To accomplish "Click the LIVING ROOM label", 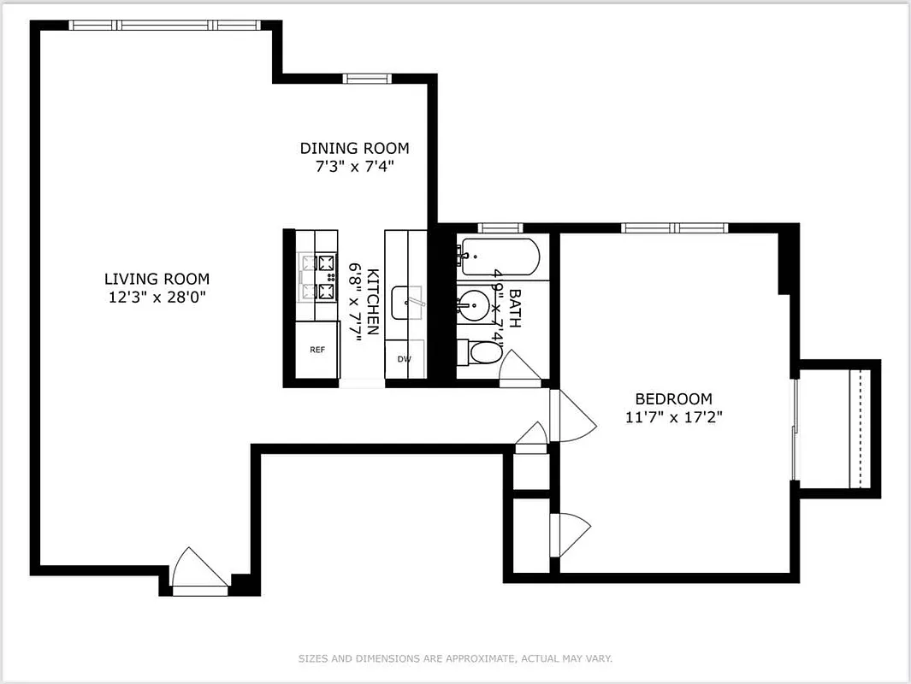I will pos(157,279).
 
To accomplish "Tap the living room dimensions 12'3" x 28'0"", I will pos(157,296).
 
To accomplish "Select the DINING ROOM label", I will pos(354,148).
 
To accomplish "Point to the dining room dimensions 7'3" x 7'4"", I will pos(354,166).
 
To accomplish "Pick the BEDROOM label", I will pos(673,398).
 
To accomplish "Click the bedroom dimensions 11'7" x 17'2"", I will pos(673,417).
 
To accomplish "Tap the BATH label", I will pos(515,308).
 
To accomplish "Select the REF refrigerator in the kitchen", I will pos(316,350).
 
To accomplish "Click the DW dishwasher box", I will pos(404,359).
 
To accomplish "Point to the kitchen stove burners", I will pos(316,277).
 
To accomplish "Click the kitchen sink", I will pos(407,302).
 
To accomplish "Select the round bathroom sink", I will pos(470,304).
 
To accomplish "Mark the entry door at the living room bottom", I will pos(197,571).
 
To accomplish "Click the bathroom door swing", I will pos(519,368).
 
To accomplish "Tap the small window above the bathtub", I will pos(500,227).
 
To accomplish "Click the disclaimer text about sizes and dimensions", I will pos(455,658).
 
